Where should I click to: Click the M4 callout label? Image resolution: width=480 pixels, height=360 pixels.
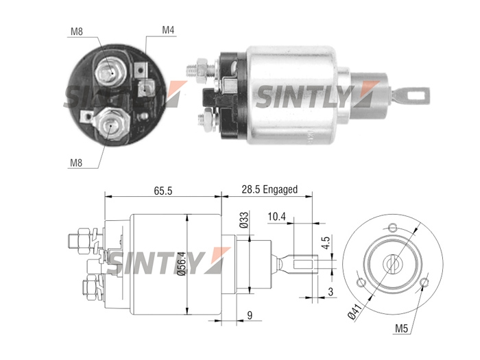point(168,30)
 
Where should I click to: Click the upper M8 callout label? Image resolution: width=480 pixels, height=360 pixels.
point(77,32)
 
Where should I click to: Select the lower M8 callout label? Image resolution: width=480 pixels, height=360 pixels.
point(76,163)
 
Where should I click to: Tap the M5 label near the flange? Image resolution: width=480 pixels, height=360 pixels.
point(401,328)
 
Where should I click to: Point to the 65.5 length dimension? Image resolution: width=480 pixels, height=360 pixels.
point(163,191)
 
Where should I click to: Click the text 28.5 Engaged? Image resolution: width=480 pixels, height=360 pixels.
point(269,189)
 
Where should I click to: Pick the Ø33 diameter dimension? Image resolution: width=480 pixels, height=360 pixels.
point(244,220)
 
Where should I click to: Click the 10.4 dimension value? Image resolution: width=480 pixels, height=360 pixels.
point(277,217)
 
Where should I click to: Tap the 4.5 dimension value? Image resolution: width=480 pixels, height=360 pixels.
point(326,243)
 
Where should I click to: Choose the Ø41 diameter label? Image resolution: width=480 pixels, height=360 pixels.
point(356,311)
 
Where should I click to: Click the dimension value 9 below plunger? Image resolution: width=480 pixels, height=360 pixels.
point(250,315)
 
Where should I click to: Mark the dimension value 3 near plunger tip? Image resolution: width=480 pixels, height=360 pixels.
point(331,291)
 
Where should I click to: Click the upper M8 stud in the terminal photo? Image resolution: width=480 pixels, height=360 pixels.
point(110,73)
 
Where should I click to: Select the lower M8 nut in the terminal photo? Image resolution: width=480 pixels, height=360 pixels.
point(109,124)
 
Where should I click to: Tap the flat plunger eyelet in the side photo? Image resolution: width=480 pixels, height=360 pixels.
point(411,95)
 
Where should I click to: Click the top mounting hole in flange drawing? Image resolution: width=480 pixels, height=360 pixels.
point(393,228)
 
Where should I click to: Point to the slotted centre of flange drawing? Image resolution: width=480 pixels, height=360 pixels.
point(392,264)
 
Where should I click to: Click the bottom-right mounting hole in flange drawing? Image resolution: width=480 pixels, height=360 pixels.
point(424,282)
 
